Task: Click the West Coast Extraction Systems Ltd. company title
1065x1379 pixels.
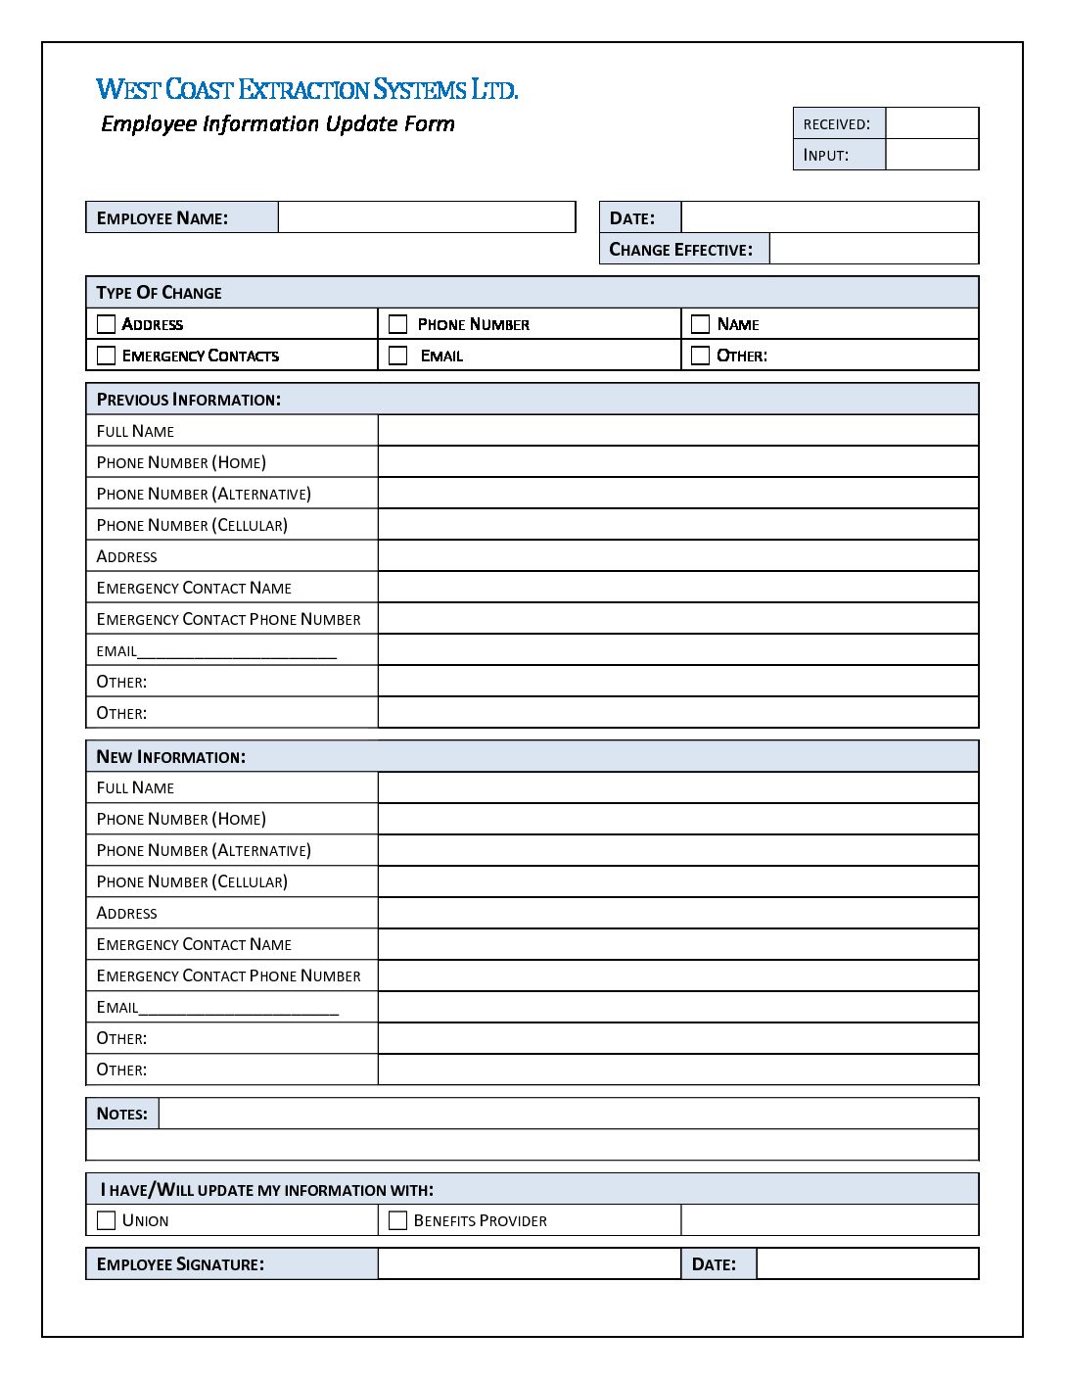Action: click(x=306, y=89)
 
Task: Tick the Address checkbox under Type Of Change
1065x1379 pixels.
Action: click(x=107, y=324)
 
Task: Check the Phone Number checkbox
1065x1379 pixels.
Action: click(x=398, y=324)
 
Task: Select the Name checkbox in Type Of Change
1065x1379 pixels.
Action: click(x=700, y=324)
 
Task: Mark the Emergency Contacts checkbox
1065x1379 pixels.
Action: click(x=107, y=356)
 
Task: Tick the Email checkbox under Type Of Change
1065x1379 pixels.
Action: click(x=398, y=356)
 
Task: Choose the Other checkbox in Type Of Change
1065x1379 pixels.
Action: click(x=700, y=356)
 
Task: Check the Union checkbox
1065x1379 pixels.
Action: click(x=107, y=1220)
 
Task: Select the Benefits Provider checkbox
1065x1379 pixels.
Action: click(x=398, y=1220)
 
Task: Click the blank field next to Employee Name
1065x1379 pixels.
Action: click(x=427, y=217)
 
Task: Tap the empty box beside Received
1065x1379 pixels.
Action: click(x=932, y=123)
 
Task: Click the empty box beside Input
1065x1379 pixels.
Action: click(x=932, y=155)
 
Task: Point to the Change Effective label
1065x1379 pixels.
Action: click(x=681, y=250)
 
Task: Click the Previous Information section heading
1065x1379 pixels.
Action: click(x=189, y=400)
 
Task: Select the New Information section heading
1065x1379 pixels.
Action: click(x=171, y=757)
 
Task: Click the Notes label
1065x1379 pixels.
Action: click(x=122, y=1114)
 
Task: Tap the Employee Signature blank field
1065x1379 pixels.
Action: click(x=529, y=1263)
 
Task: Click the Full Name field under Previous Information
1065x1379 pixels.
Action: click(x=677, y=431)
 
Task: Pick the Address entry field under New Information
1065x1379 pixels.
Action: click(x=677, y=913)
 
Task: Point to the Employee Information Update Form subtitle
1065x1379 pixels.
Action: click(x=278, y=124)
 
